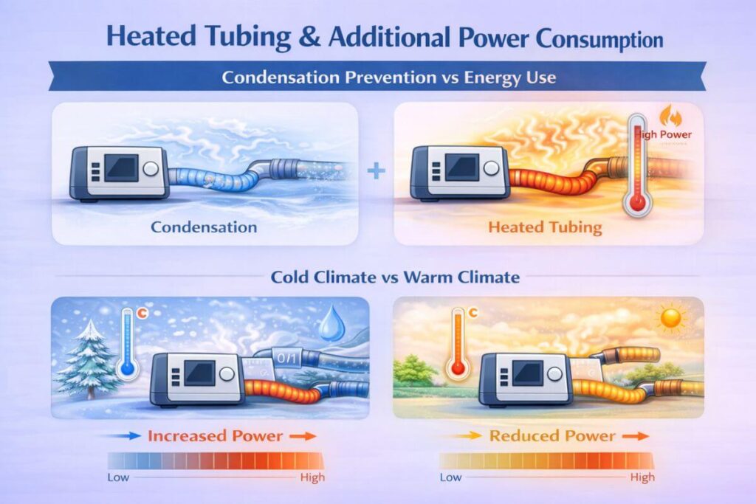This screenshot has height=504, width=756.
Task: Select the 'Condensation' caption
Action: (x=204, y=227)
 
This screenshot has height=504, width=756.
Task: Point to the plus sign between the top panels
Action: (x=376, y=171)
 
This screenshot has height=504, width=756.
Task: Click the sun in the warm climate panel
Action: (x=671, y=318)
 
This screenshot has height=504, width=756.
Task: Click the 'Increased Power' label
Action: (x=215, y=435)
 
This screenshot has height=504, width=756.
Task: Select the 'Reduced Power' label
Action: (x=552, y=435)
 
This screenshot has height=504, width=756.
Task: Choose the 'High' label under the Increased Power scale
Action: (x=312, y=477)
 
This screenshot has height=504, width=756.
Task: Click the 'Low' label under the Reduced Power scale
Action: (x=450, y=477)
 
